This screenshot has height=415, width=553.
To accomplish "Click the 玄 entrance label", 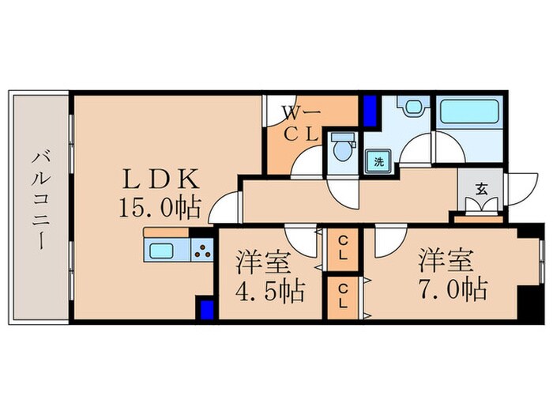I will (x=481, y=189).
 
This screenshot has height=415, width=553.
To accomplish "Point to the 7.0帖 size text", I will (x=453, y=288).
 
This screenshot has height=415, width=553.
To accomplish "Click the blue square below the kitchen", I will (x=206, y=307).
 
